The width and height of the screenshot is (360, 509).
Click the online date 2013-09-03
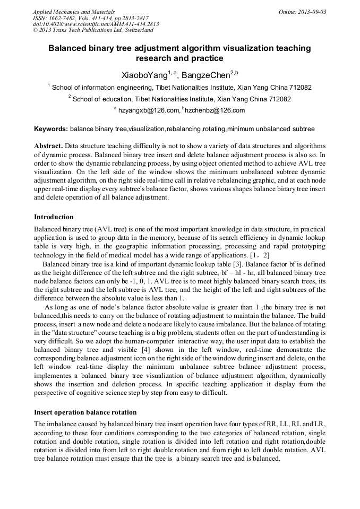(312, 12)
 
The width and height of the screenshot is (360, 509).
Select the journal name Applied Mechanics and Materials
(74, 12)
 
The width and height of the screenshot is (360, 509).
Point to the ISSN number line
(91, 18)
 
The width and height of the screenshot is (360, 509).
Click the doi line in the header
(96, 24)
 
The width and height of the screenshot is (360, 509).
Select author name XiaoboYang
(143, 74)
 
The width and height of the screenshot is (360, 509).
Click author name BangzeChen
(207, 74)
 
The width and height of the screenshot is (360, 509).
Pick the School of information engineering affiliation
(180, 87)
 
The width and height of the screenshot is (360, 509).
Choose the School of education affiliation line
(180, 99)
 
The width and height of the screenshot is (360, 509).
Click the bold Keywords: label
(51, 129)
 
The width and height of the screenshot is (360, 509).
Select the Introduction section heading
(54, 217)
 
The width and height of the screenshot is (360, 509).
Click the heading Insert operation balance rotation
(85, 412)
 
